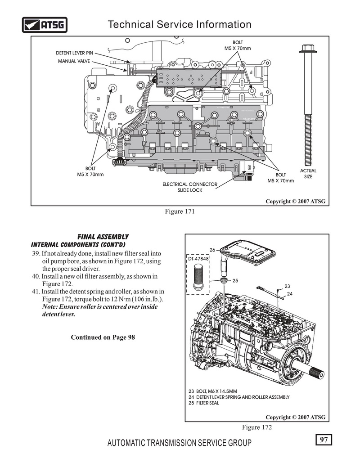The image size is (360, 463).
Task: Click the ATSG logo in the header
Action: (x=45, y=25)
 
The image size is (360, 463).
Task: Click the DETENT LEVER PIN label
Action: (x=74, y=53)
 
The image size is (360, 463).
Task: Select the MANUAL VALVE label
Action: (x=74, y=61)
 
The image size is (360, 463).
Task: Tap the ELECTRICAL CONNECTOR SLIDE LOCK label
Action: (x=190, y=187)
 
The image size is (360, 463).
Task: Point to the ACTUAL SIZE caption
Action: (x=308, y=174)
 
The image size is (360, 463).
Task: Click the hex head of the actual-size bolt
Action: (x=308, y=49)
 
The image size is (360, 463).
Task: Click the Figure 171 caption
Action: (x=180, y=211)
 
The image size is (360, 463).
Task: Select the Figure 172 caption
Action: (x=257, y=427)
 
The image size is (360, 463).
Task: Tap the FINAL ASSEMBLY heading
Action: (x=103, y=237)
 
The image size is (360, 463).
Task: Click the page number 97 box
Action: (x=324, y=440)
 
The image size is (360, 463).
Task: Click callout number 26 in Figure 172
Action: (x=213, y=250)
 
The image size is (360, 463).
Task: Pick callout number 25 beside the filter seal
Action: (x=235, y=280)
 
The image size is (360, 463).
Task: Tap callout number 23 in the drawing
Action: (x=287, y=286)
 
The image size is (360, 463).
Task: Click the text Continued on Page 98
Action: (x=103, y=337)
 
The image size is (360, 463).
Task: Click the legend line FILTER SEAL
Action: (x=204, y=403)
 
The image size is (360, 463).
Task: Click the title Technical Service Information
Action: (x=180, y=24)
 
